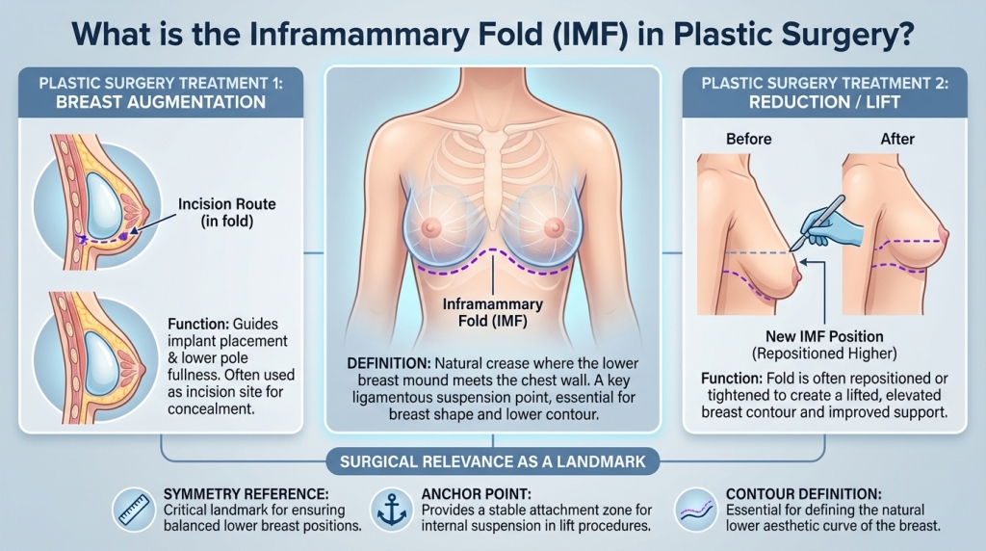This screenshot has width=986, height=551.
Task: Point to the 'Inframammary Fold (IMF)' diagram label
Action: tap(492, 312)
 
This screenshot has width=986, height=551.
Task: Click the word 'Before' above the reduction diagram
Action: tap(749, 139)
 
